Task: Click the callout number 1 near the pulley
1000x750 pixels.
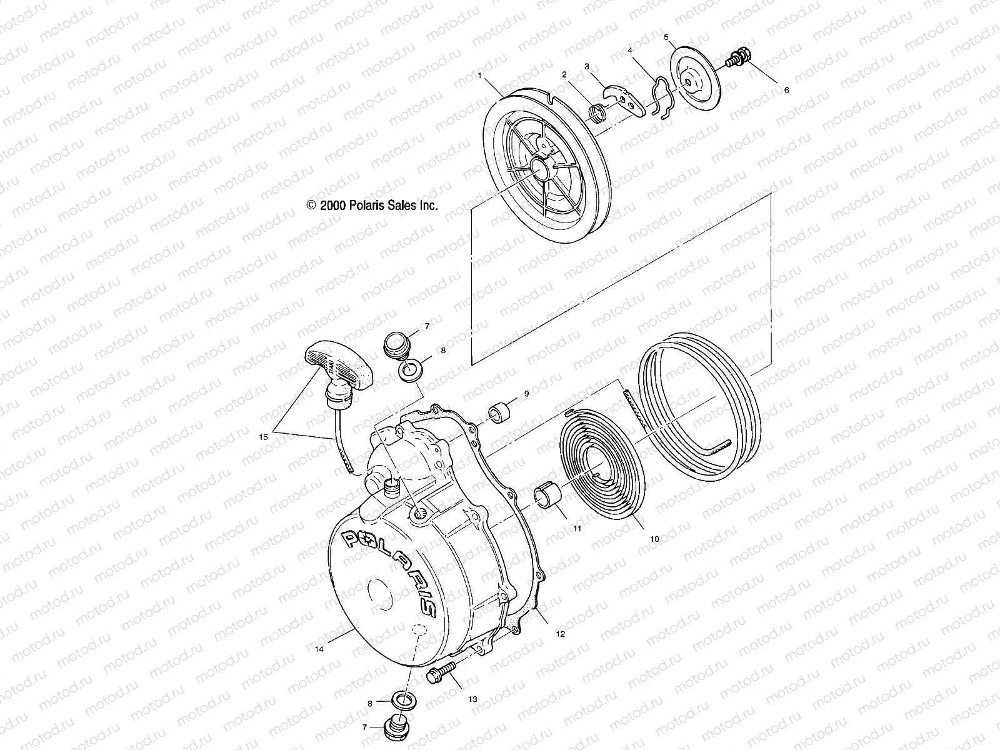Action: point(479,75)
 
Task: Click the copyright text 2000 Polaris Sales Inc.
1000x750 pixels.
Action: point(372,205)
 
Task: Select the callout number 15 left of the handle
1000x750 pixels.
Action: point(263,437)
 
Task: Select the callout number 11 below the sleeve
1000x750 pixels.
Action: point(577,529)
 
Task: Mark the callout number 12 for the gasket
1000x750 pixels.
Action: point(560,634)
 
